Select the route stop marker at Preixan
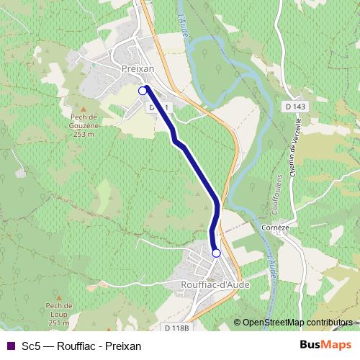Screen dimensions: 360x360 pos(143,91)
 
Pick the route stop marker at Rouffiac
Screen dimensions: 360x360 pos(216,253)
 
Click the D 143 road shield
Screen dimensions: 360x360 pos(294,107)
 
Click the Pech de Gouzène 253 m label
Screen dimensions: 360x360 pos(84,124)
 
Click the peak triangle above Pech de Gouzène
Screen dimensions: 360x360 pos(84,106)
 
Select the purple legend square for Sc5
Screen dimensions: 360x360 pos(10,346)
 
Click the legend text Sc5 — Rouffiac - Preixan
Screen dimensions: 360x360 pos(81,346)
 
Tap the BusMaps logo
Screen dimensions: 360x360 pos(325,346)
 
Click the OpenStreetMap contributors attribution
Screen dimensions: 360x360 pos(297,323)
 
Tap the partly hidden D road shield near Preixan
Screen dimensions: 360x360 pos(159,107)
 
